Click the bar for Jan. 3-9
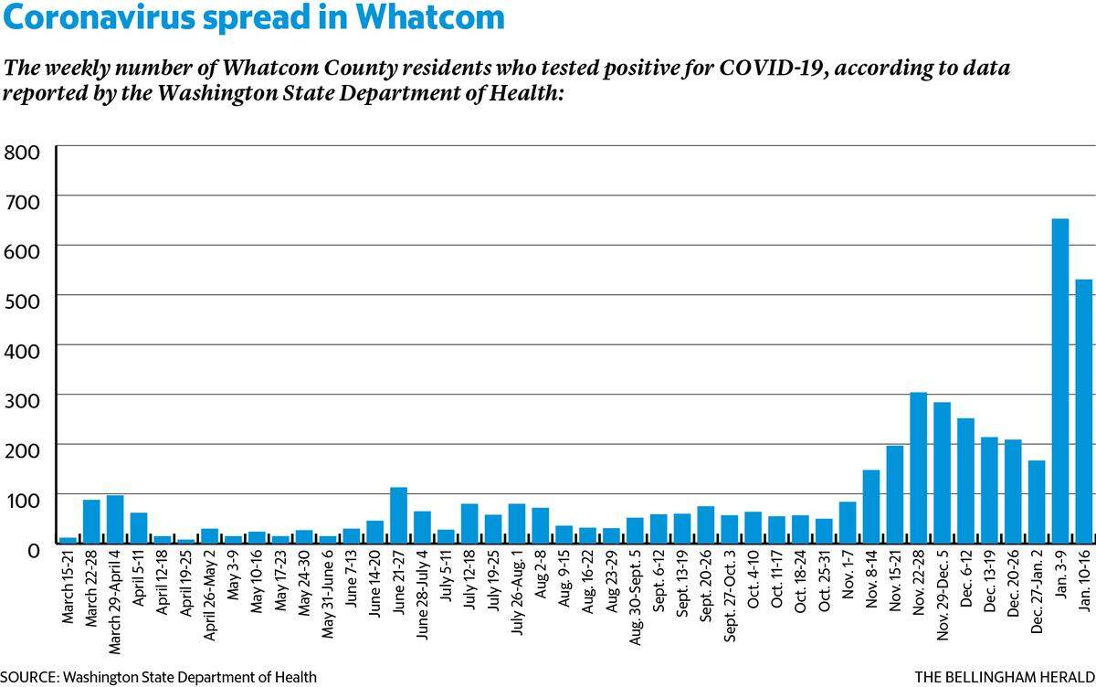point(1060,381)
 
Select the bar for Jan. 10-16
point(1084,411)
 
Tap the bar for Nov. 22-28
point(919,468)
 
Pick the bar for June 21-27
point(399,515)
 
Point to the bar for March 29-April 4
point(115,519)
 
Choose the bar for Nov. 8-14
point(871,506)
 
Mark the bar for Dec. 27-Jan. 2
point(1037,502)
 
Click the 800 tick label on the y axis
point(22,153)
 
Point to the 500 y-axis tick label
point(22,301)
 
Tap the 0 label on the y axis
point(33,551)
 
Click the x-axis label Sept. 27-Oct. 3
point(730,596)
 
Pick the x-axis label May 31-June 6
point(328,595)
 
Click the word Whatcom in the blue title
point(430,17)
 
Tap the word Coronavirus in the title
point(99,18)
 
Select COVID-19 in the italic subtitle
point(775,68)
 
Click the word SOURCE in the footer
point(29,677)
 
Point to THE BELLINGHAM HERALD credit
point(1005,677)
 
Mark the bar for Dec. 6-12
point(966,481)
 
